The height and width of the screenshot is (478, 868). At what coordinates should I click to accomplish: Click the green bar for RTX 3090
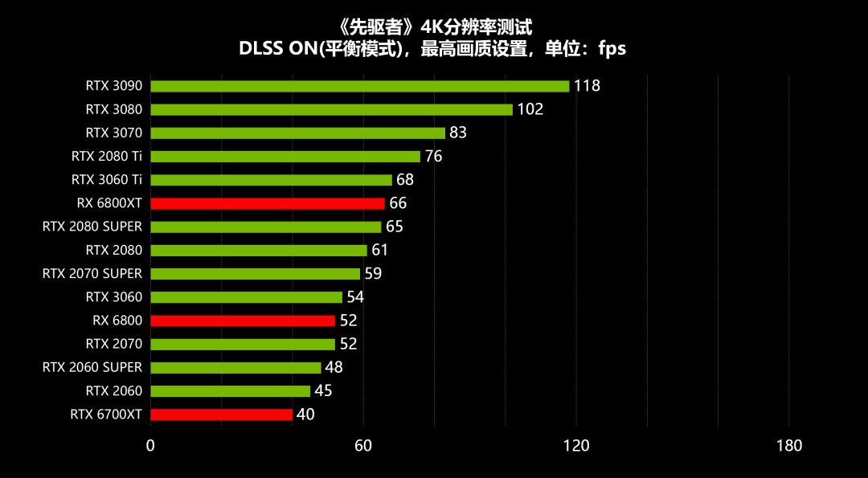359,86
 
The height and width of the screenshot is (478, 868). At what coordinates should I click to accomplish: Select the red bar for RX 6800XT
268,203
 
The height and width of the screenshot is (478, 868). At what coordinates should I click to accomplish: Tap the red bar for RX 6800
243,321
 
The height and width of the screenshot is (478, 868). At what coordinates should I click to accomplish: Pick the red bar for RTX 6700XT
221,415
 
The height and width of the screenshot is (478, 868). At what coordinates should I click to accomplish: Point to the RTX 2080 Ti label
107,156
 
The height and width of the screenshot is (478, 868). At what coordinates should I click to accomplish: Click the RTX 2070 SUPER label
92,274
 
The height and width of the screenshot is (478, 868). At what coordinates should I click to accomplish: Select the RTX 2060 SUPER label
92,367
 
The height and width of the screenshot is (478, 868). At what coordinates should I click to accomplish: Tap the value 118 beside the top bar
587,86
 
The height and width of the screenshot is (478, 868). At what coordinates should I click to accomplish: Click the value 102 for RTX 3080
530,109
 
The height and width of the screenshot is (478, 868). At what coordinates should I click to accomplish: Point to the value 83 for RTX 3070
458,133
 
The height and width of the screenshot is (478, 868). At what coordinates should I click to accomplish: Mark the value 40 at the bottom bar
305,415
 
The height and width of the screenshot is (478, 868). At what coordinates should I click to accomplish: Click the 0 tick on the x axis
150,446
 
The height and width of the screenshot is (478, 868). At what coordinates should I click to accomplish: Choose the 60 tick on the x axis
363,446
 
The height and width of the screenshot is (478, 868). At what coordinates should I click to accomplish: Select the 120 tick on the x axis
576,446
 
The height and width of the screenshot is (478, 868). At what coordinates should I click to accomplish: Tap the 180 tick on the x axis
789,446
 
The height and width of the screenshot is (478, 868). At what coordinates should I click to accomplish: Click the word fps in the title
612,48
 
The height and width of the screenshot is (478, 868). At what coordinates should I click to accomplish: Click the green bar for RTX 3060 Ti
271,180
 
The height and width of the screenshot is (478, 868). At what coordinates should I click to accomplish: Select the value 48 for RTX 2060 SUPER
334,367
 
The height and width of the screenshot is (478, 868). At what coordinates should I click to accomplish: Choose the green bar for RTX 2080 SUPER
266,227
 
